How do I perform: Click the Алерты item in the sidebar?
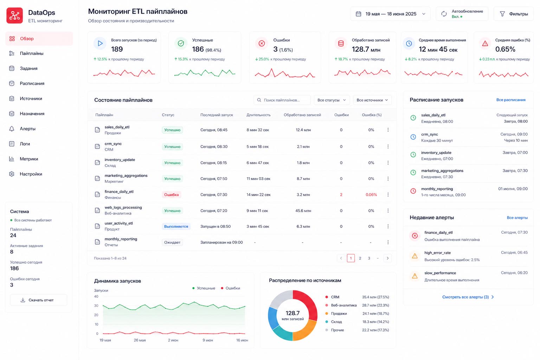click(x=27, y=129)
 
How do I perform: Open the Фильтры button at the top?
click(x=514, y=14)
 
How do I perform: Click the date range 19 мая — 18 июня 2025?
click(x=391, y=14)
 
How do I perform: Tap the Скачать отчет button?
click(x=38, y=300)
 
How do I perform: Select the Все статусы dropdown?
click(x=332, y=100)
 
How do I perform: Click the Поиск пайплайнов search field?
click(x=282, y=100)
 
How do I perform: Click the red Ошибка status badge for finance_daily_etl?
click(x=172, y=194)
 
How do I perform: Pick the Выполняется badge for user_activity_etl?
click(x=176, y=226)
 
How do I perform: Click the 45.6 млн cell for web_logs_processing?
click(x=303, y=211)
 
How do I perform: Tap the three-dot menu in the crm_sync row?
click(x=388, y=147)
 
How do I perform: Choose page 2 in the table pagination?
click(x=360, y=258)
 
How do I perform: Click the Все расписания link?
click(x=510, y=100)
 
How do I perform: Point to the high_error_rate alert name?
click(x=437, y=253)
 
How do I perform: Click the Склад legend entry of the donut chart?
click(x=336, y=322)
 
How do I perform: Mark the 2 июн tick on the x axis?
click(x=173, y=340)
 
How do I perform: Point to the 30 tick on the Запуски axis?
click(x=96, y=306)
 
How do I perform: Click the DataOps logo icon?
click(x=15, y=15)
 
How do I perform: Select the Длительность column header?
click(x=258, y=115)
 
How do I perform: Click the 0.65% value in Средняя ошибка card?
click(x=505, y=49)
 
